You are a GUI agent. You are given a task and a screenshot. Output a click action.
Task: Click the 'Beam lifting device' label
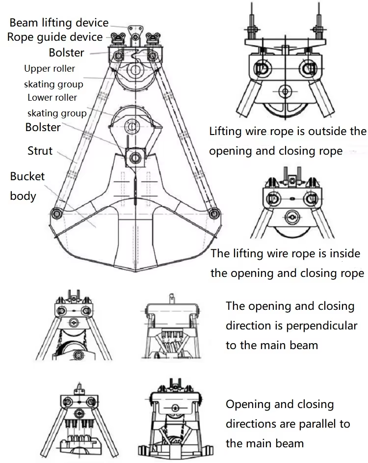click(x=59, y=23)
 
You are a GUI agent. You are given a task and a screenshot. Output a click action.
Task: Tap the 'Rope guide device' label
click(x=55, y=37)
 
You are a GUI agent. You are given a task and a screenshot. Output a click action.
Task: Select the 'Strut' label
click(x=40, y=150)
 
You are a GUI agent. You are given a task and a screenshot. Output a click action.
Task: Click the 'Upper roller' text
click(x=50, y=68)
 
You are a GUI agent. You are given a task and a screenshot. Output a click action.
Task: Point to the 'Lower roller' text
click(x=52, y=97)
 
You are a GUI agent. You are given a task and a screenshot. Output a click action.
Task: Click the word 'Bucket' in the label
click(x=27, y=176)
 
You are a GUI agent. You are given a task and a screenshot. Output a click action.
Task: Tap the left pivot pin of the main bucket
click(x=57, y=214)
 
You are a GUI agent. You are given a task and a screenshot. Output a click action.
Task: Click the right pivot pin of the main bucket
click(x=213, y=214)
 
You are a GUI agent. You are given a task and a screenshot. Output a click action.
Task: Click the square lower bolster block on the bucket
click(x=133, y=158)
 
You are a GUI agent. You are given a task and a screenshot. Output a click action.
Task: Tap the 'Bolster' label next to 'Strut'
click(x=43, y=128)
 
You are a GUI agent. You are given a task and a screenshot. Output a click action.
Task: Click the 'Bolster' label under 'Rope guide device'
click(x=66, y=53)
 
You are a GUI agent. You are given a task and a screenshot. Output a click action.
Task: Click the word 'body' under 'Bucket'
click(x=23, y=196)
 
